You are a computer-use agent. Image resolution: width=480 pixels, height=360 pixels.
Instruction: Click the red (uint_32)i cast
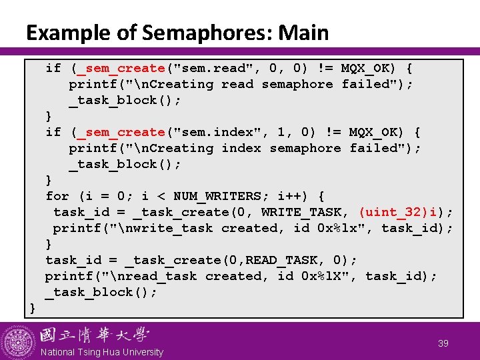pos(401,212)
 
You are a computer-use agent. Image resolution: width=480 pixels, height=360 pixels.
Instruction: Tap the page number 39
pos(443,343)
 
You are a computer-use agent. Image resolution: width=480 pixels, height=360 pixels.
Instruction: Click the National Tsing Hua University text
pos(101,352)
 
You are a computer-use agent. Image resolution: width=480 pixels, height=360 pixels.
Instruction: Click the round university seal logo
pos(18,342)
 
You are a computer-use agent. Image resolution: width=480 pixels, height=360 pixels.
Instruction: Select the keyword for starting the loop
pos(57,196)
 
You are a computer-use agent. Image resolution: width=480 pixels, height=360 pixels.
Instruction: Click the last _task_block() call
pos(101,292)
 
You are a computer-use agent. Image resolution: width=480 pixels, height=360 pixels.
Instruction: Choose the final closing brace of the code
pos(32,307)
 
